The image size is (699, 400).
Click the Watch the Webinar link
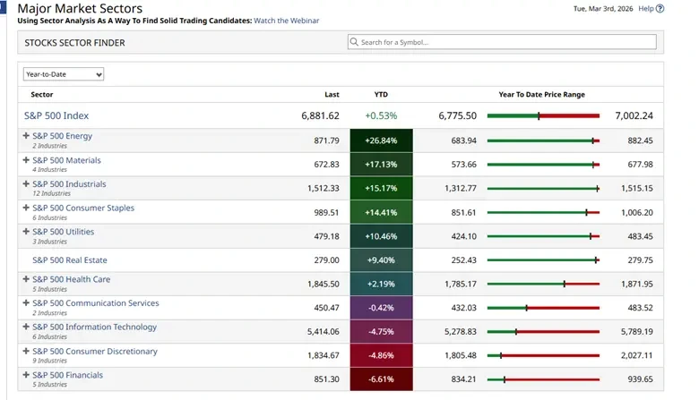[x=286, y=20]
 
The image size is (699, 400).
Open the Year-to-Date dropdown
[x=63, y=74]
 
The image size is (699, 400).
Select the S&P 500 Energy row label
[x=62, y=136]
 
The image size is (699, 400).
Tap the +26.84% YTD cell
[x=381, y=140]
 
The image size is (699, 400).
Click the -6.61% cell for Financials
[x=381, y=379]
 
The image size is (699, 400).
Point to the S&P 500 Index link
[x=56, y=115]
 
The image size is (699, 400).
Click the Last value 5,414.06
[x=323, y=331]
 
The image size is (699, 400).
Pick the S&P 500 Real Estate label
[x=70, y=260]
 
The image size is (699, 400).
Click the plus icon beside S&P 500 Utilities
[x=26, y=232]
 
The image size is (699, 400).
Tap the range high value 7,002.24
[x=634, y=115]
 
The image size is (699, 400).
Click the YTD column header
[x=381, y=94]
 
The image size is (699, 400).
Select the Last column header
[x=332, y=94]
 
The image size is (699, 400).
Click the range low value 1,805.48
[x=460, y=355]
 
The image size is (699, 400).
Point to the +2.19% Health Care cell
[x=381, y=284]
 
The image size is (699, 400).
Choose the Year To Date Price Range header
[x=541, y=94]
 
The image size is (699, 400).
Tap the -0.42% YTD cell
[x=381, y=308]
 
